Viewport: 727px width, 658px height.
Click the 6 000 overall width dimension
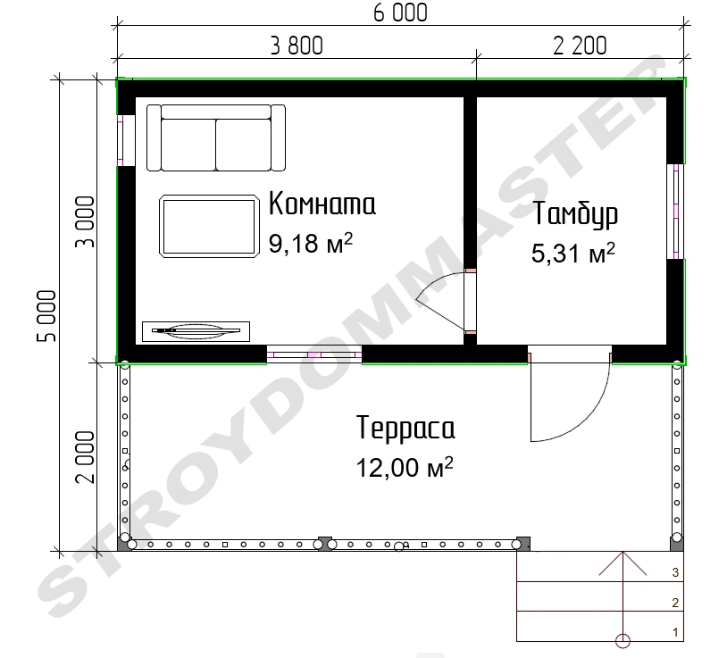coord(400,12)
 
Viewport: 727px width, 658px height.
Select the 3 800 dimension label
coord(297,46)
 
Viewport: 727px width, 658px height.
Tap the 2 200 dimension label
coord(580,46)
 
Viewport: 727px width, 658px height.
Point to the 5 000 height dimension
coord(46,316)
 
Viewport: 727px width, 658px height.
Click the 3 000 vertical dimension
coord(85,222)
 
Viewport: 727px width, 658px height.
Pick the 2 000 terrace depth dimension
coord(85,457)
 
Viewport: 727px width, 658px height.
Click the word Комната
coord(322,204)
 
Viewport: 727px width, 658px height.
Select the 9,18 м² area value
coord(311,242)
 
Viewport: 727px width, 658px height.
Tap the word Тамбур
coord(575,215)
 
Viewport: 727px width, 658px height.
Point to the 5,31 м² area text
coord(573,253)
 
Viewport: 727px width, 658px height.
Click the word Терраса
coord(405,428)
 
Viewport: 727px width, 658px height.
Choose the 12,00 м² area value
coord(405,467)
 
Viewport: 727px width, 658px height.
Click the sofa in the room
coord(216,137)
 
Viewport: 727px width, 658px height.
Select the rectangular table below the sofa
coord(209,226)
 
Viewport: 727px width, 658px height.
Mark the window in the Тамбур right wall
coord(675,212)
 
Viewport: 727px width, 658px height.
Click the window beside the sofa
coord(121,140)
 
